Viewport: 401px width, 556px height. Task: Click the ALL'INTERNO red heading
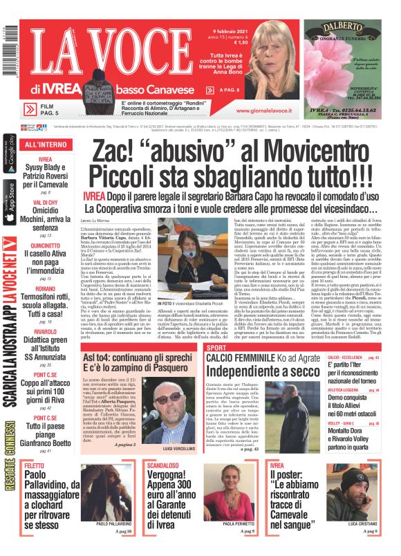[x=41, y=145]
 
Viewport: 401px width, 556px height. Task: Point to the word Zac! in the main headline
[x=114, y=148]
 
